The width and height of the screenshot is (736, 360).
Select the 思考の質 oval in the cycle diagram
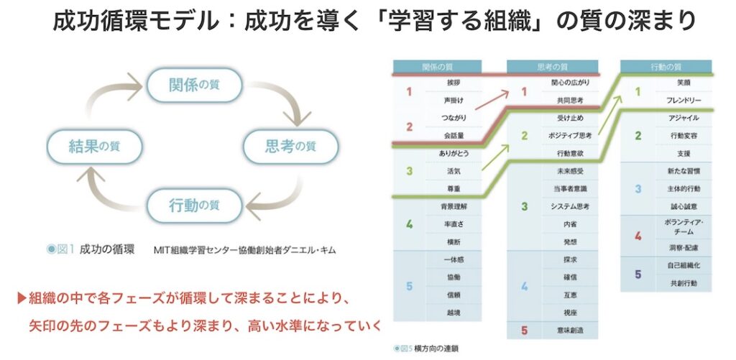(291, 147)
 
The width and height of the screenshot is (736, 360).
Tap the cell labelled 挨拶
(452, 83)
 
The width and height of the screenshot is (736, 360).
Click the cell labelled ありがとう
(452, 153)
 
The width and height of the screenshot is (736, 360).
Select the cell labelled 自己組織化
(684, 265)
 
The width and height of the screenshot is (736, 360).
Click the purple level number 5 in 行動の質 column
(637, 274)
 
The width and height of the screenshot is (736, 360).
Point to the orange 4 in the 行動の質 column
(637, 235)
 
